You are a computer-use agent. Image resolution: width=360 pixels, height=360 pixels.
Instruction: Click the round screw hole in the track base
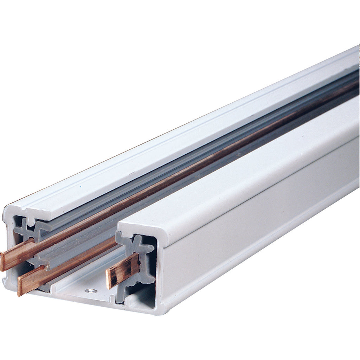pos(91,291)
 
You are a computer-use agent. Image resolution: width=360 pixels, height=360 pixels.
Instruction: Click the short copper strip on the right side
pos(123,270)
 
